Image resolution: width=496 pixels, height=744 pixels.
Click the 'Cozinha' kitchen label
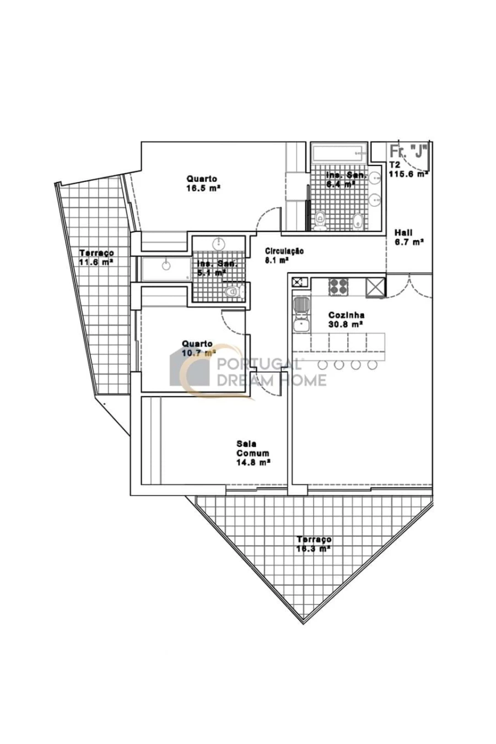346,315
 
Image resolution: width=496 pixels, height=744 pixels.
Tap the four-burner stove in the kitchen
338,285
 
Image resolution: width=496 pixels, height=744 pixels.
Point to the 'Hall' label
403,233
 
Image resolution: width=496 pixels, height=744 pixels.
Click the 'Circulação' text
284,251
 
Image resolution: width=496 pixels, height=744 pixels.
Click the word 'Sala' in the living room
246,444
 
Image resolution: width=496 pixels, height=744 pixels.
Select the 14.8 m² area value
253,463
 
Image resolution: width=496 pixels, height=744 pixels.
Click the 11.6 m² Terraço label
96,262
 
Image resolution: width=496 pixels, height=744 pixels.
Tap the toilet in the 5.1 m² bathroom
234,291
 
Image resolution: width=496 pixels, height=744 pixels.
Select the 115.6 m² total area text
409,174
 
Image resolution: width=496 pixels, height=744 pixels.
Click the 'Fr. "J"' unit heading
408,151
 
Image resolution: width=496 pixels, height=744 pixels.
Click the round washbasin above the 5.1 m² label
219,242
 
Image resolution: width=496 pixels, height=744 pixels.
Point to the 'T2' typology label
395,164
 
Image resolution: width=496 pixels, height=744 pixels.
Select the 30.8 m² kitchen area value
346,325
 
